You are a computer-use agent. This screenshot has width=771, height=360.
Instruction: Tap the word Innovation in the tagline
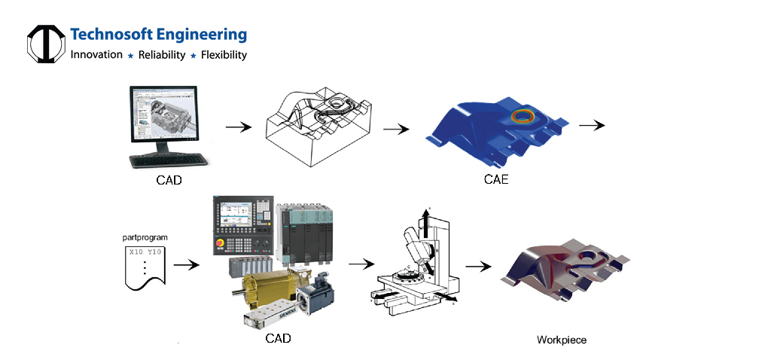pyautogui.click(x=96, y=55)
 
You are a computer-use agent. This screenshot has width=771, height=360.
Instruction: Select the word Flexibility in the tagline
pyautogui.click(x=223, y=55)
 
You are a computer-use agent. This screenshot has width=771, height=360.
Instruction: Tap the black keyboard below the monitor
pyautogui.click(x=169, y=160)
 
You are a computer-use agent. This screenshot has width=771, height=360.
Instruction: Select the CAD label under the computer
pyautogui.click(x=169, y=180)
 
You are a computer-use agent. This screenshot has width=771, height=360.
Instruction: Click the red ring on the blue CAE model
pyautogui.click(x=521, y=117)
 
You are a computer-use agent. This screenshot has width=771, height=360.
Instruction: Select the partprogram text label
pyautogui.click(x=145, y=238)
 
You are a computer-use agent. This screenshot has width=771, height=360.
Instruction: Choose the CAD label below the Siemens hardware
pyautogui.click(x=278, y=338)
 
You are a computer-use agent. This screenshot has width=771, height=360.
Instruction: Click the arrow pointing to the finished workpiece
pyautogui.click(x=478, y=266)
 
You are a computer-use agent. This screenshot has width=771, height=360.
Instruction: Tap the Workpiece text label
pyautogui.click(x=561, y=340)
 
